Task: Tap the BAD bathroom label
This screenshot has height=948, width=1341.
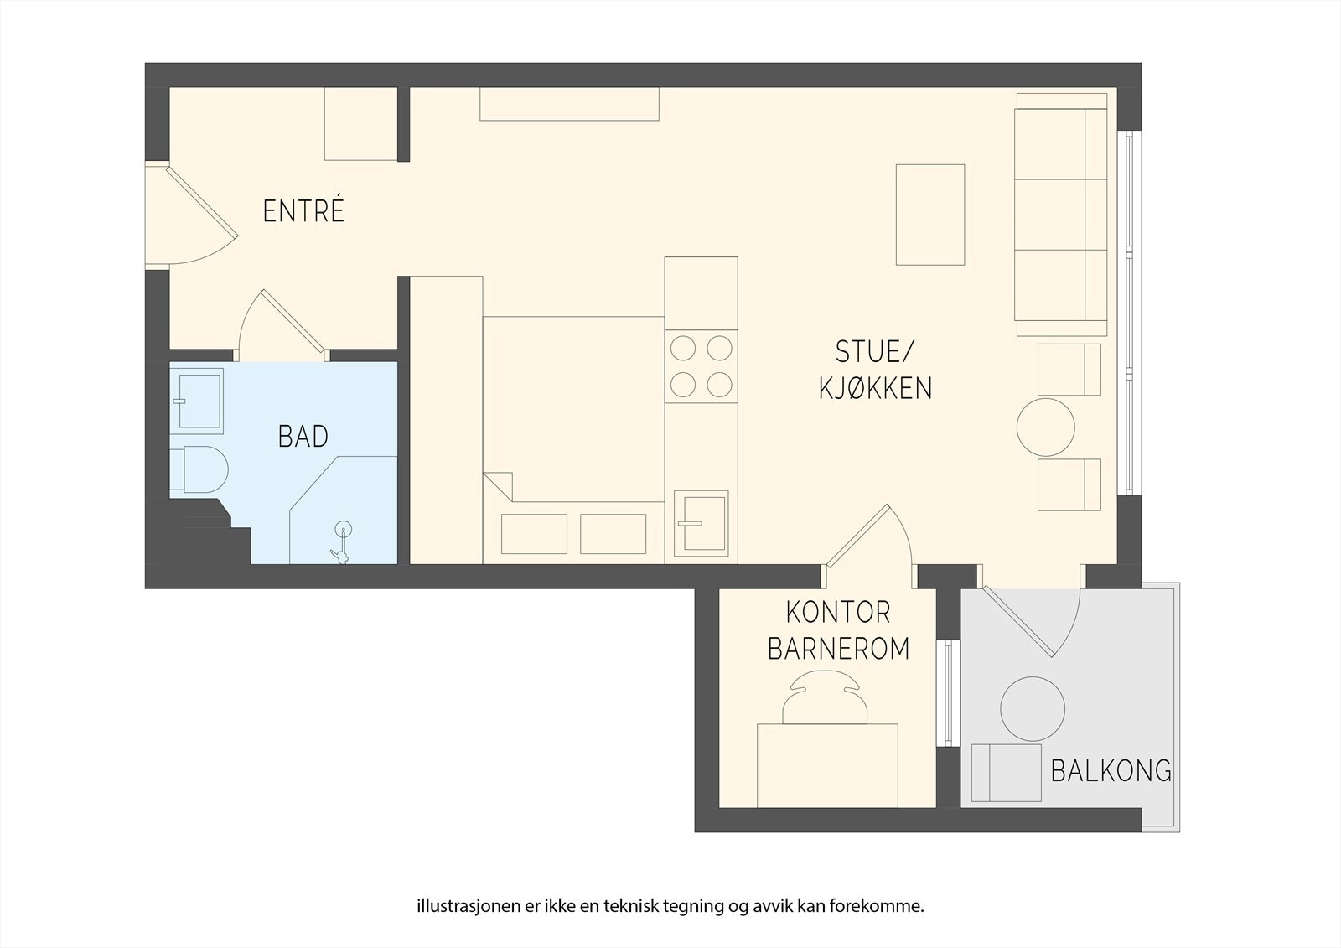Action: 303,437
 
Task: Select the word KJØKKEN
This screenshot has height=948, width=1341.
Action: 875,388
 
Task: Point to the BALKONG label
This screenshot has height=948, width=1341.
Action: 1111,771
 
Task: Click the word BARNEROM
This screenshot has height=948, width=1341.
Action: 839,649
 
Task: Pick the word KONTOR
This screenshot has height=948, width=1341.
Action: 838,613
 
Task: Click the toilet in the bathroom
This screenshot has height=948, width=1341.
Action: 199,469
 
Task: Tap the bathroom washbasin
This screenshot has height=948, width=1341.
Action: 197,401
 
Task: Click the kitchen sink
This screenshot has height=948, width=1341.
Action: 701,524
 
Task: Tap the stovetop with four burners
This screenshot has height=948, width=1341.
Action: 701,366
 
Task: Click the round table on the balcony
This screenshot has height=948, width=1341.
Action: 1033,708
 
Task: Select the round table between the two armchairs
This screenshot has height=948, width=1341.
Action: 1046,427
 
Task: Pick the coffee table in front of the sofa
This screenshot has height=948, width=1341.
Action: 930,215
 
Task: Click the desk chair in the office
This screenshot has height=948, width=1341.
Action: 825,697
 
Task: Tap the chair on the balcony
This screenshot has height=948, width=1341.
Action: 1007,773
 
